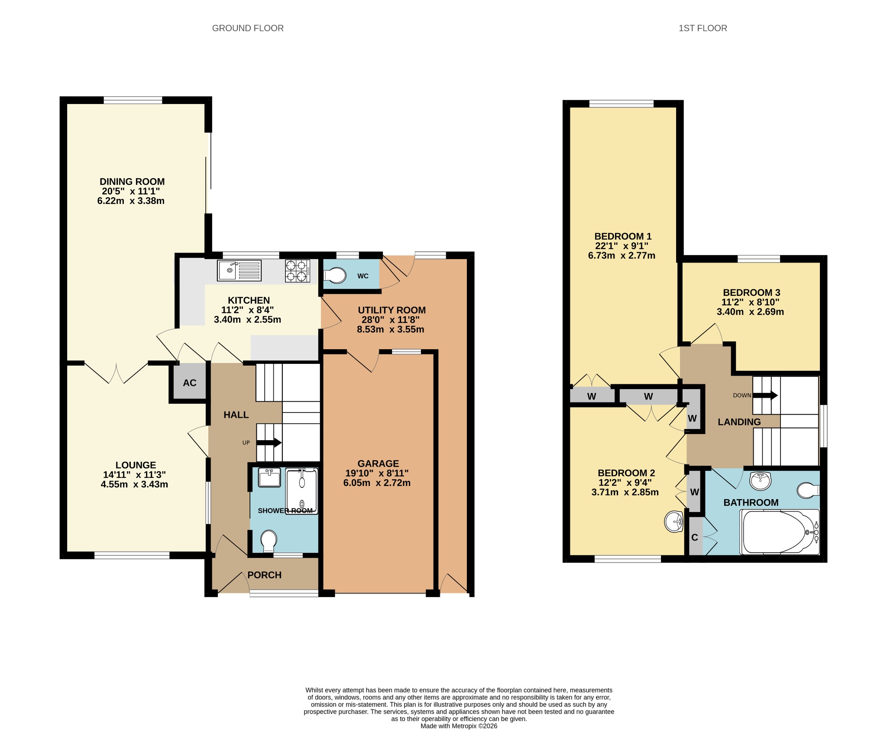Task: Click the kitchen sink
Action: [240, 271]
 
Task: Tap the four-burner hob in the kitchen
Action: [298, 271]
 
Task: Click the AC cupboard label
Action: [190, 383]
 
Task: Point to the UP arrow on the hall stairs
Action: [269, 443]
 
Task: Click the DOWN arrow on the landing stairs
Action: [765, 395]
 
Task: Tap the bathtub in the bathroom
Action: [780, 532]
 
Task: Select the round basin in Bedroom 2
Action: [674, 522]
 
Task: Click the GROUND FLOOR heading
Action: [248, 28]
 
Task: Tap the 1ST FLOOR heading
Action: [702, 28]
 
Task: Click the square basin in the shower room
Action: [269, 478]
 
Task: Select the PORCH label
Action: [265, 575]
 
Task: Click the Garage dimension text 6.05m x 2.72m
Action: [377, 483]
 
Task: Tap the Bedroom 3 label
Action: [751, 292]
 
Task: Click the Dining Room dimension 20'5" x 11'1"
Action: [131, 191]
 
